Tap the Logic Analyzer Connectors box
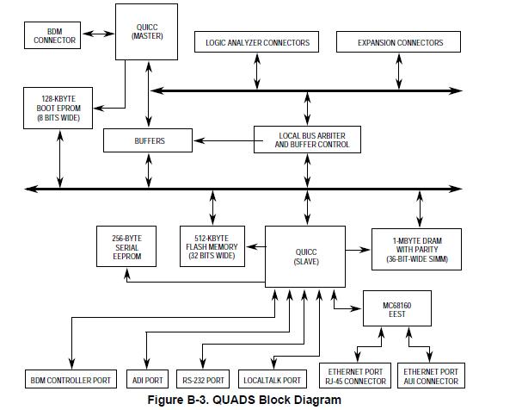257,42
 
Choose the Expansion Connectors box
401,42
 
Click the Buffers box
149,140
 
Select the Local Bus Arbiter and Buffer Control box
307,140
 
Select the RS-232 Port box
203,380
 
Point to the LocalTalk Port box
273,380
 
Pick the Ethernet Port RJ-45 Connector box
355,376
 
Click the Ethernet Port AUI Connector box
430,376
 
